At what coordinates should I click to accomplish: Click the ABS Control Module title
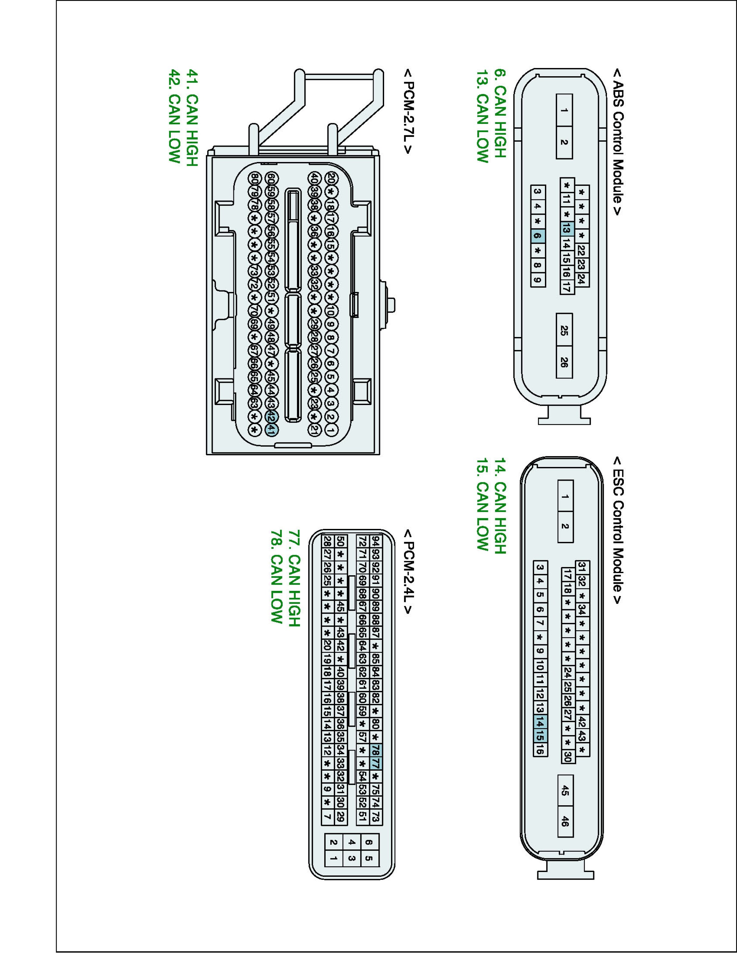point(618,142)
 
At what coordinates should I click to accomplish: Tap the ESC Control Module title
point(618,530)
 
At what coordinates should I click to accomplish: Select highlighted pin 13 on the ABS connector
point(566,228)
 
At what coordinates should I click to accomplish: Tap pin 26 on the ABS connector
point(564,362)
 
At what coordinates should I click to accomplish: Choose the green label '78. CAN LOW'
point(276,577)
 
